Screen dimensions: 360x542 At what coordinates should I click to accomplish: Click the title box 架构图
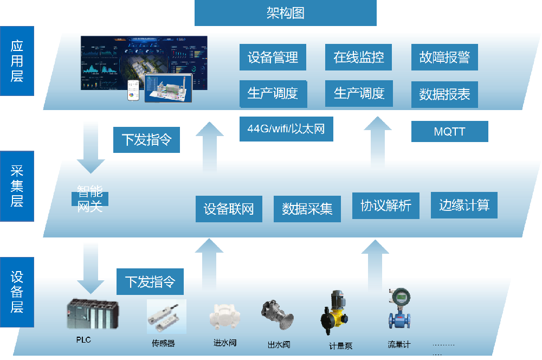285,13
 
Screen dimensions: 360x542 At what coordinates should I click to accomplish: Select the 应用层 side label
17,61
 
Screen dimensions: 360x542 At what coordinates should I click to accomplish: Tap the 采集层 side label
17,186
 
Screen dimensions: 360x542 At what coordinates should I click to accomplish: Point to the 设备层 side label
17,292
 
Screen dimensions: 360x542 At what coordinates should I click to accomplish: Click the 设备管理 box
273,57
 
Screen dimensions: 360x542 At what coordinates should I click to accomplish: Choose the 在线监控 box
359,57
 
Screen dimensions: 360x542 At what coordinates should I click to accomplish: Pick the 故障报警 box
444,57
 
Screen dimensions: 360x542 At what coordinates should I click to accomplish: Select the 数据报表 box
444,95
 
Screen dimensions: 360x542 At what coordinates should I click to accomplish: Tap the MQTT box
449,132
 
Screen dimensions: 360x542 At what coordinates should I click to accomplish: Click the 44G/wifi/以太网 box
286,129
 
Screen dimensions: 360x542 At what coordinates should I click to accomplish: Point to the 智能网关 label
90,199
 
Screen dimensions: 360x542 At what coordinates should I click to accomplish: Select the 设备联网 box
229,209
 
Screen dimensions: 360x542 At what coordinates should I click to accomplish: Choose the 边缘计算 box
464,205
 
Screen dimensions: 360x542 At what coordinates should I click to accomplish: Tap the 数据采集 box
307,209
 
